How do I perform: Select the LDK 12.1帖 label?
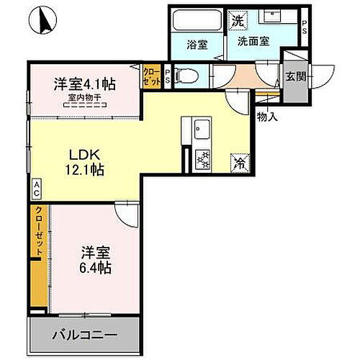point(85,163)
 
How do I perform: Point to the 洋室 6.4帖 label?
point(95,260)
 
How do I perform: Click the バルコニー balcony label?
point(82,335)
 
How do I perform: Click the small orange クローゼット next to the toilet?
point(152,76)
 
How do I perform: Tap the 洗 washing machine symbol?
point(237,22)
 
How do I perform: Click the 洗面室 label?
point(254,42)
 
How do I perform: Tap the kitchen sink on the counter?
point(200,130)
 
